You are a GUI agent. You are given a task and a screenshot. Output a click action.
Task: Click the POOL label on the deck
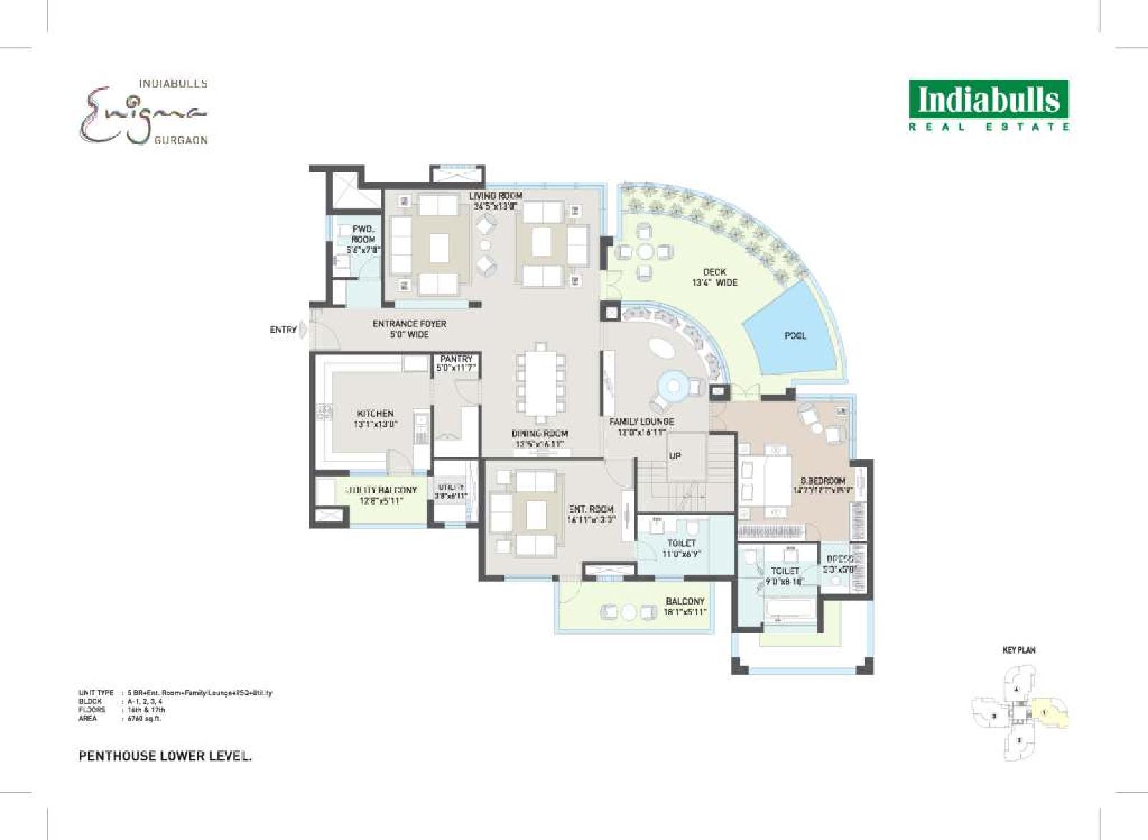(x=795, y=335)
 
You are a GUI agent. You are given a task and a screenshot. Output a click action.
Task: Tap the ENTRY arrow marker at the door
(x=304, y=330)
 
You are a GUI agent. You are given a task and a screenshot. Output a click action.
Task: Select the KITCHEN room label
(x=375, y=414)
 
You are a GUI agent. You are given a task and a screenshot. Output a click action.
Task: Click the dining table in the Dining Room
(x=540, y=384)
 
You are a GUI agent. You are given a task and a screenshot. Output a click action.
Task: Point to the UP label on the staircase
(x=675, y=456)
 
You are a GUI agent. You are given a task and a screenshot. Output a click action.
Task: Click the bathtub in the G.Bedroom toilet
(x=789, y=610)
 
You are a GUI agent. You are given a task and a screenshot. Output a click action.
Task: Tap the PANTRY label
(x=456, y=358)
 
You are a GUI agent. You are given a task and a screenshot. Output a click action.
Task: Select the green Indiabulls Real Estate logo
(x=989, y=104)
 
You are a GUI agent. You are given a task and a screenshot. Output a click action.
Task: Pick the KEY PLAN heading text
(x=1019, y=650)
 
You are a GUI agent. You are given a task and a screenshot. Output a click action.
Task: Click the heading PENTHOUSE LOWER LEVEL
(x=164, y=756)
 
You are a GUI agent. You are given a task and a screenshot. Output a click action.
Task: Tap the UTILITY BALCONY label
(x=381, y=490)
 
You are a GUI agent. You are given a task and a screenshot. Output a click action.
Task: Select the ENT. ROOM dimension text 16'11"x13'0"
(x=591, y=520)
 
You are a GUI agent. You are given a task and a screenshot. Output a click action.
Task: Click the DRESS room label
(x=839, y=559)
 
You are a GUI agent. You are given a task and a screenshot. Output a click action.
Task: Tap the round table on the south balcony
(x=629, y=612)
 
